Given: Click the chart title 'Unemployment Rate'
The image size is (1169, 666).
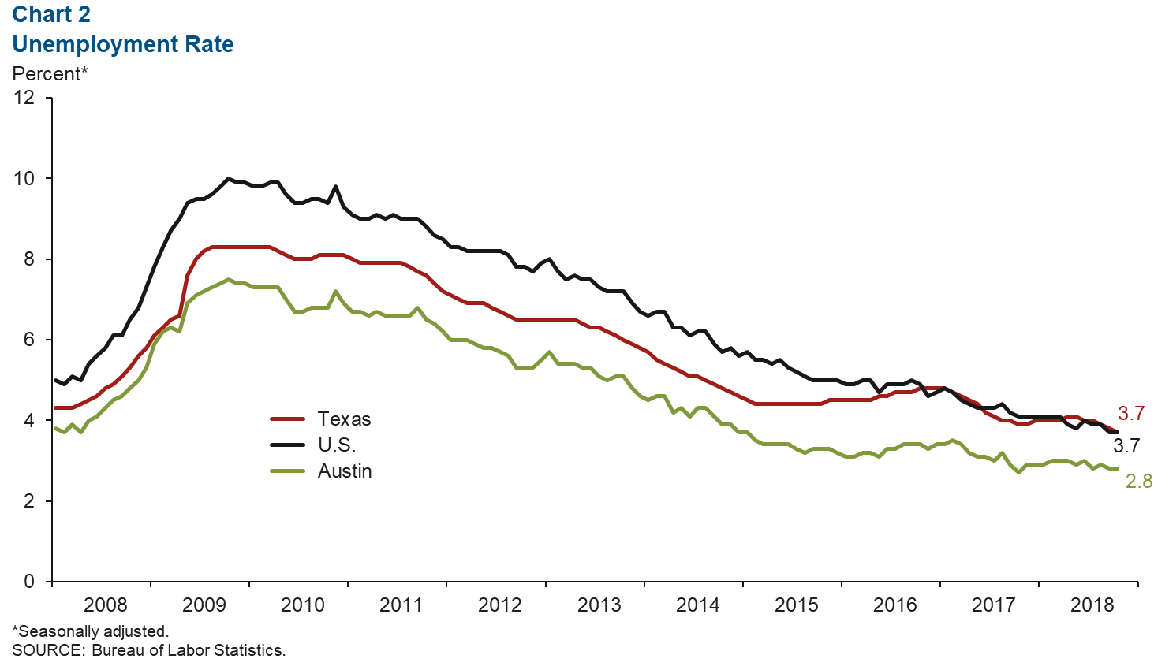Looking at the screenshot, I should (x=123, y=44).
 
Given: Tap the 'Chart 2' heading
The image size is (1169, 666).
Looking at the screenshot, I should (x=51, y=14).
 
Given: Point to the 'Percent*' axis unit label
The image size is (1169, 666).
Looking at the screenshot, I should (x=50, y=74).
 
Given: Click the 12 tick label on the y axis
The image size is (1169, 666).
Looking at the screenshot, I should (x=24, y=98).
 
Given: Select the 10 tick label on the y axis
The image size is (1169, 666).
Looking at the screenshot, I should (x=24, y=178).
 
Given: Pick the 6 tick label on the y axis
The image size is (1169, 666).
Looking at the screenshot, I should (x=29, y=340).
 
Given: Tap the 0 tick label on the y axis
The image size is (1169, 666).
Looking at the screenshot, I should (x=29, y=582).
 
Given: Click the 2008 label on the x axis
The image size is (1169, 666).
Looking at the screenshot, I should (x=105, y=605).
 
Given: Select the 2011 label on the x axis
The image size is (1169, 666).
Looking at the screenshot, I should (x=401, y=605).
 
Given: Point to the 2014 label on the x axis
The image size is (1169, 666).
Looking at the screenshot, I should (x=697, y=605).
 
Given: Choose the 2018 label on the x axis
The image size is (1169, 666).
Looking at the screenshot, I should (x=1092, y=605).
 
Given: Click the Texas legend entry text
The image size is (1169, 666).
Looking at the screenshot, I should (x=344, y=419).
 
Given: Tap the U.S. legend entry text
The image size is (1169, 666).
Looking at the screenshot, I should (x=337, y=445).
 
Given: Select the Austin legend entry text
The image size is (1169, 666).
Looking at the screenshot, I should (x=345, y=471).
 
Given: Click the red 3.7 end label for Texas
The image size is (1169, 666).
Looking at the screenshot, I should (x=1130, y=414).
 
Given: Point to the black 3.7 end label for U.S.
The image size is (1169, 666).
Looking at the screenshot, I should (x=1126, y=446).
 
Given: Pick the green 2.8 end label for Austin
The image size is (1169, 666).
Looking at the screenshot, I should (x=1138, y=482).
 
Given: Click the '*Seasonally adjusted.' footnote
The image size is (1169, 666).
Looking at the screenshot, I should (x=91, y=631).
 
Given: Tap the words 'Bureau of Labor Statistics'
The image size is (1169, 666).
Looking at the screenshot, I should (x=188, y=650).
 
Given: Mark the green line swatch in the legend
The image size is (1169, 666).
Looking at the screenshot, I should (x=288, y=471).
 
